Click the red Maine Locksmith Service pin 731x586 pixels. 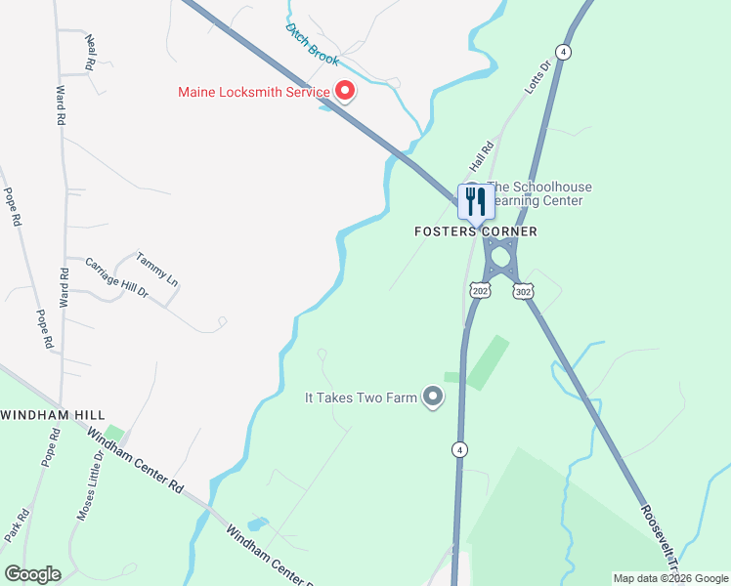tap(345, 92)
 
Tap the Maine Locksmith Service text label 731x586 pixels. tap(254, 93)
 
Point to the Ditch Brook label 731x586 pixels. tap(312, 44)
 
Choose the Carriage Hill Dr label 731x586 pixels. tap(116, 278)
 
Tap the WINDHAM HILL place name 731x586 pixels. tap(38, 415)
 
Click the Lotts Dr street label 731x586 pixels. tap(538, 76)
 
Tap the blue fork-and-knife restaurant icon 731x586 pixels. tap(476, 202)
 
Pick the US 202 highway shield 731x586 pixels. tap(479, 291)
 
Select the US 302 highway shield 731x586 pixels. tap(523, 291)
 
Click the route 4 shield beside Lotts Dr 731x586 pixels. tap(562, 51)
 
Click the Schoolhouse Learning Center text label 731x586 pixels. tap(538, 193)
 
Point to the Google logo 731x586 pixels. tap(32, 573)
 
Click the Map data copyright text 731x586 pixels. tap(670, 578)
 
